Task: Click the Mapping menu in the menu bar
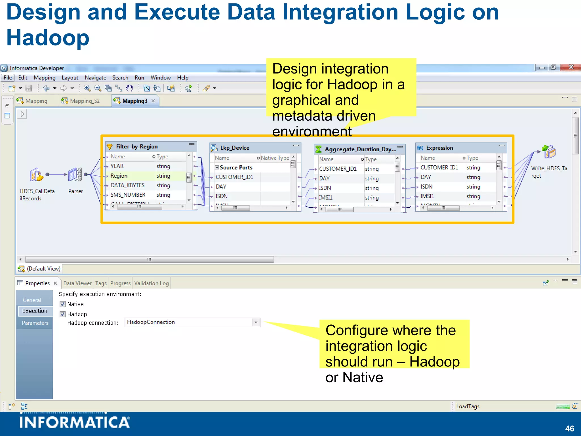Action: pyautogui.click(x=44, y=78)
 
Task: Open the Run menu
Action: pyautogui.click(x=139, y=78)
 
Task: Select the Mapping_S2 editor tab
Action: pyautogui.click(x=85, y=101)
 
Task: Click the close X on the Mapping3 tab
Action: pyautogui.click(x=153, y=101)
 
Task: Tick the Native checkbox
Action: pyautogui.click(x=63, y=304)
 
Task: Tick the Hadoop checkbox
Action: pyautogui.click(x=63, y=314)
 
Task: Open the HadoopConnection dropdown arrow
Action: pyautogui.click(x=256, y=322)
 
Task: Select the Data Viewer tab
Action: pyautogui.click(x=77, y=283)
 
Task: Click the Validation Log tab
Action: pyautogui.click(x=151, y=283)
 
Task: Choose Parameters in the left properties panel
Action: pyautogui.click(x=35, y=323)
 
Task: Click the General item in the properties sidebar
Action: pyautogui.click(x=32, y=300)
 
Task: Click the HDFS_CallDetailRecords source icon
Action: pyautogui.click(x=36, y=175)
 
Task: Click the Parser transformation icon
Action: pyautogui.click(x=75, y=174)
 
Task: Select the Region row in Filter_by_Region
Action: pyautogui.click(x=119, y=176)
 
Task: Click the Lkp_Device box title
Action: pyautogui.click(x=235, y=148)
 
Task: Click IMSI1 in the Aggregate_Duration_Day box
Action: pyautogui.click(x=326, y=198)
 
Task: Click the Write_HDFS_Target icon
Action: pyautogui.click(x=549, y=152)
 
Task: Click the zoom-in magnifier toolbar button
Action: pyautogui.click(x=87, y=88)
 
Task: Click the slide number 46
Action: pyautogui.click(x=569, y=428)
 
